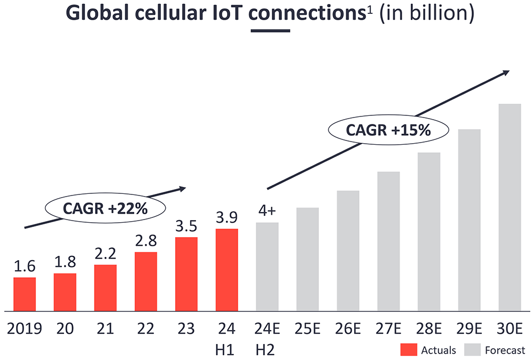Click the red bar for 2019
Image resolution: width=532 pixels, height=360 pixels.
[25, 294]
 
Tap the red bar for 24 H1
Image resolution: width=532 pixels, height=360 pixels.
[226, 270]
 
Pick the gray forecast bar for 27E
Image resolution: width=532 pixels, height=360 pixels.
[388, 241]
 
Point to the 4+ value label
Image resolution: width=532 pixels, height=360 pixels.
[267, 212]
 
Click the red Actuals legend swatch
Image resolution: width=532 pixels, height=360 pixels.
[408, 350]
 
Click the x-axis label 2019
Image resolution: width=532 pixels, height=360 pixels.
[25, 327]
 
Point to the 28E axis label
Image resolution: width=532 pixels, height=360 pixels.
[429, 327]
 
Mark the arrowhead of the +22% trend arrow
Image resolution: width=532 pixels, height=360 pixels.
[182, 188]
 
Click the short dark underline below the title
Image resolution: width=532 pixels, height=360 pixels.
[270, 30]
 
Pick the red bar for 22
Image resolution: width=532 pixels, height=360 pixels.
[145, 281]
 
